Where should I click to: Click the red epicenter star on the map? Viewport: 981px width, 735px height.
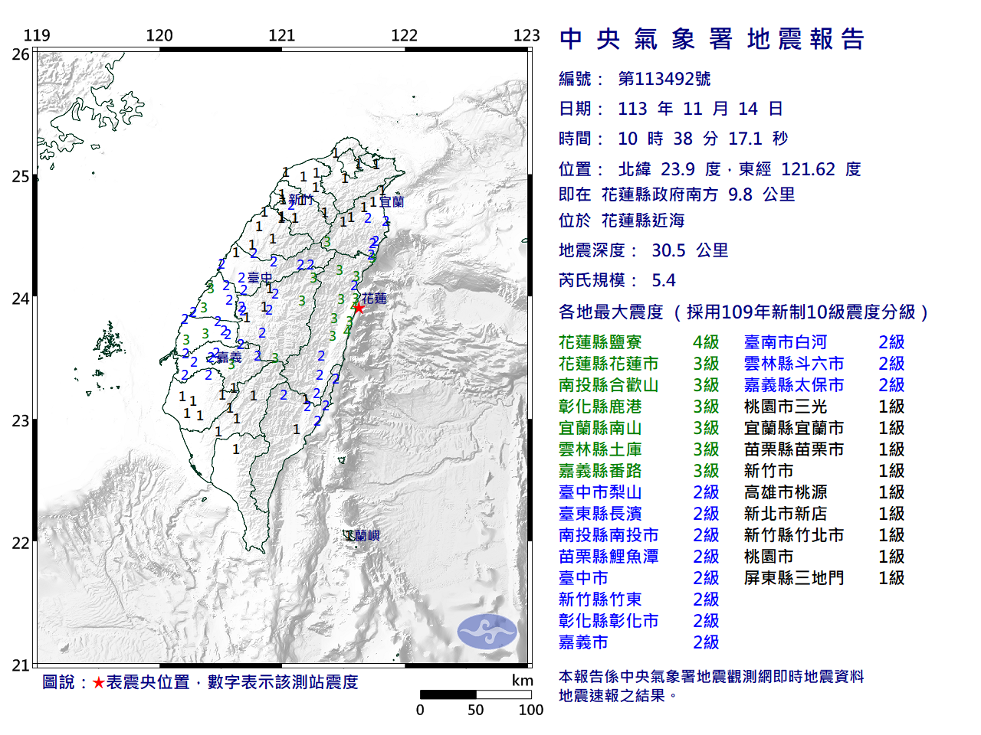358,307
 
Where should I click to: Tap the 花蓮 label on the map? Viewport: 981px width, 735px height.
374,298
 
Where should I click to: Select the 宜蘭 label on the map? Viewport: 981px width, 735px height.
391,201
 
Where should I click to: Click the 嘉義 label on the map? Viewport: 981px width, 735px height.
229,357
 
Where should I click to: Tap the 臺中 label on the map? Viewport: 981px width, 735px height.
260,277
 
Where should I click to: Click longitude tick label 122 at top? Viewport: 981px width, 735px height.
404,35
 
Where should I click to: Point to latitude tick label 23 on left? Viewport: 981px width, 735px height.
21,421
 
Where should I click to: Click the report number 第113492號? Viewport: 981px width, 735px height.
664,79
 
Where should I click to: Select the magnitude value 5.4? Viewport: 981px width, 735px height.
664,280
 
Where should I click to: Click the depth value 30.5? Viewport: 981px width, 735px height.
668,250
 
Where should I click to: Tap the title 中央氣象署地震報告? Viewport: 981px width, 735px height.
712,39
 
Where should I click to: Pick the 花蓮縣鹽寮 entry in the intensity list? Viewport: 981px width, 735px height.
600,342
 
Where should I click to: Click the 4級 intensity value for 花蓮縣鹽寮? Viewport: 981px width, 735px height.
706,342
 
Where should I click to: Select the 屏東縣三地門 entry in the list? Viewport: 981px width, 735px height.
793,578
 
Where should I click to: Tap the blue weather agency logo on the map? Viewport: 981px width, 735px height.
487,631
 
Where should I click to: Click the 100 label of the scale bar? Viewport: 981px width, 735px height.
530,710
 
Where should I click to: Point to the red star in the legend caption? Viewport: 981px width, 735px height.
98,682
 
